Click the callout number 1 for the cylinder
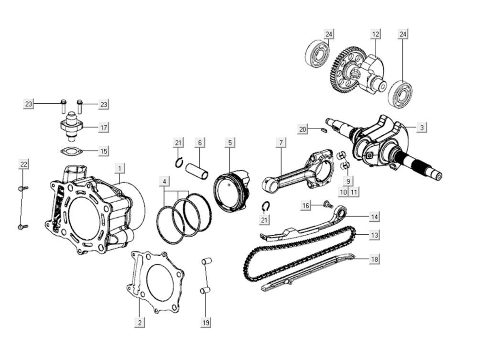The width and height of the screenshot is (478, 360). click(x=120, y=168)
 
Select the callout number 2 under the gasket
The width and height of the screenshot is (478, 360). click(x=139, y=322)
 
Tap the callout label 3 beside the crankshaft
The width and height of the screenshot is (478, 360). click(x=422, y=128)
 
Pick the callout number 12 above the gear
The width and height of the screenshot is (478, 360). click(x=376, y=34)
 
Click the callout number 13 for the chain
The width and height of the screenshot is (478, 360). click(x=375, y=235)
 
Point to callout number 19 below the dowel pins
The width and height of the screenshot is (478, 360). click(x=206, y=323)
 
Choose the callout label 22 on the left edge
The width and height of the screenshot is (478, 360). click(x=23, y=164)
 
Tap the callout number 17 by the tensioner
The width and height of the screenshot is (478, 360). click(x=103, y=128)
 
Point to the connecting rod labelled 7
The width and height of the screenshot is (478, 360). click(x=296, y=172)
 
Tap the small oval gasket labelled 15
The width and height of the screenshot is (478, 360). click(x=72, y=152)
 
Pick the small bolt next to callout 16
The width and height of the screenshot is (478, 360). click(x=328, y=205)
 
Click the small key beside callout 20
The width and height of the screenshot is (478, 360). click(x=324, y=129)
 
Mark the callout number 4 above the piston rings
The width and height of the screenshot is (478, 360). click(x=164, y=182)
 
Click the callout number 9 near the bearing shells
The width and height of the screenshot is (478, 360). click(x=348, y=181)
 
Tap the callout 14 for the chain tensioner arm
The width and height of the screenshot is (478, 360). click(x=375, y=217)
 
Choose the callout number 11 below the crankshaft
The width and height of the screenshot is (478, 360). click(x=354, y=192)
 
